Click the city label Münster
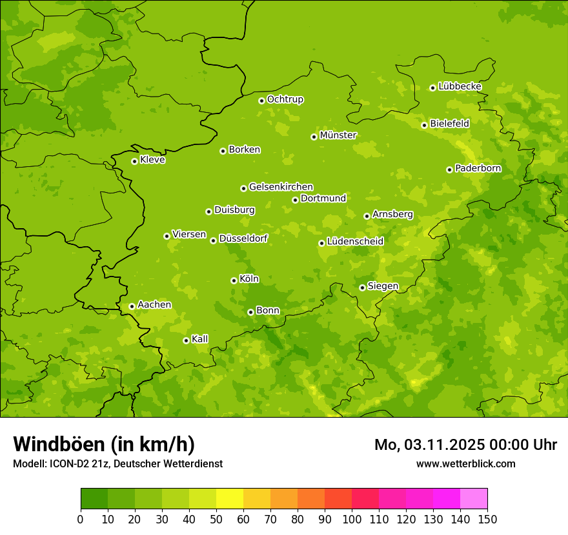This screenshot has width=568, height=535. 338,135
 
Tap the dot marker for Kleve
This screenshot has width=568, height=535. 134,161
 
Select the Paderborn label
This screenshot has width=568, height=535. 478,168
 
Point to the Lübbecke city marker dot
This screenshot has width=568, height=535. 432,88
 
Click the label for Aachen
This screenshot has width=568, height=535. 154,305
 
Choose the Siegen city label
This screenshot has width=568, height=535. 383,286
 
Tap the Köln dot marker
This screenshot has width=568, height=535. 234,280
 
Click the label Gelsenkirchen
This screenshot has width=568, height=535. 281,187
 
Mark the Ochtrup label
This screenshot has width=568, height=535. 285,99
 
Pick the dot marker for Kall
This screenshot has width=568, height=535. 186,340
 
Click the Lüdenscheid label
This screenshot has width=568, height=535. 355,242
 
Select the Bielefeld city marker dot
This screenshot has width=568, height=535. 424,125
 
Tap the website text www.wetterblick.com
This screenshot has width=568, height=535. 465,463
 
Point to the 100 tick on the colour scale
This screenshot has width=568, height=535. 352,519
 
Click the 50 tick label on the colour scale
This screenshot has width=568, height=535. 216,519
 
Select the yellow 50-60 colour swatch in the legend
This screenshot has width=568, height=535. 230,499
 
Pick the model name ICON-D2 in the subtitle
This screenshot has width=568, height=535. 68,463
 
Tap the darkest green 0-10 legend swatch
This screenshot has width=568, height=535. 94,499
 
